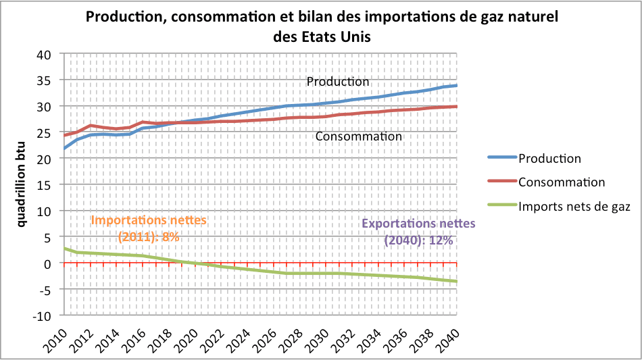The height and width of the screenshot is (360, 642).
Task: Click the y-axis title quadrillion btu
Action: coord(22,184)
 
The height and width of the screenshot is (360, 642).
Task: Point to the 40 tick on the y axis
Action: coord(45,54)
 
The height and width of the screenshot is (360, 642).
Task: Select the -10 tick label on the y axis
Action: coord(43,315)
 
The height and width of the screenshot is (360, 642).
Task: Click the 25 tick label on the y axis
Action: coord(45,132)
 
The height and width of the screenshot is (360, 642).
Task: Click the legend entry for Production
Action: coord(549,159)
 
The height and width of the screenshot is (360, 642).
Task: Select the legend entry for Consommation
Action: coord(561,182)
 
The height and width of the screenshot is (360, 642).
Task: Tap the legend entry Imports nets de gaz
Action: coord(574,207)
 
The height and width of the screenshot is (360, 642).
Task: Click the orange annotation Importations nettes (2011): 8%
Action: coord(149,228)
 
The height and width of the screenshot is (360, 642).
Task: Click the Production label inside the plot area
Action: coord(338,81)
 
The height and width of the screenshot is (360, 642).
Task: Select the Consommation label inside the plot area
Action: coord(358,136)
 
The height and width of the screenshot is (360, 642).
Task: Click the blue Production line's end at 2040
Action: coord(457,86)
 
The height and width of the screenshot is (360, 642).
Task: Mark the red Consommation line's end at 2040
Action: coord(457,107)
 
